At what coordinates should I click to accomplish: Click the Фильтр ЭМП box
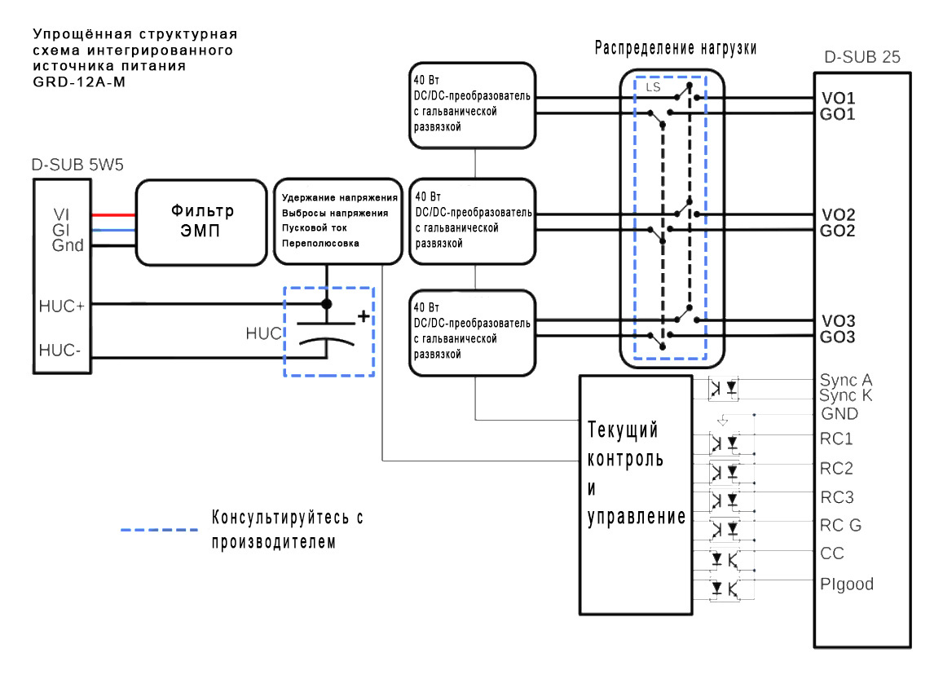pos(201,223)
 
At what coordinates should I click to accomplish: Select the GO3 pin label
pos(838,337)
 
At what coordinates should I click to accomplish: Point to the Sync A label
pos(846,381)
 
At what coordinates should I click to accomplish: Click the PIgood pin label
pos(845,584)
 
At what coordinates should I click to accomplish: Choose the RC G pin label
pos(840,526)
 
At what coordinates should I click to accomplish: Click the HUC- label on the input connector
pos(60,351)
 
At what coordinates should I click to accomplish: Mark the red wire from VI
pos(113,215)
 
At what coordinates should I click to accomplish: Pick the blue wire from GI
pos(113,231)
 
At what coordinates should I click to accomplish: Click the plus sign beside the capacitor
pos(363,316)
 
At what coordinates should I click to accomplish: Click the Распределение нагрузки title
pos(675,48)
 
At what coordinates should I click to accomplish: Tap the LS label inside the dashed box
pos(653,86)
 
